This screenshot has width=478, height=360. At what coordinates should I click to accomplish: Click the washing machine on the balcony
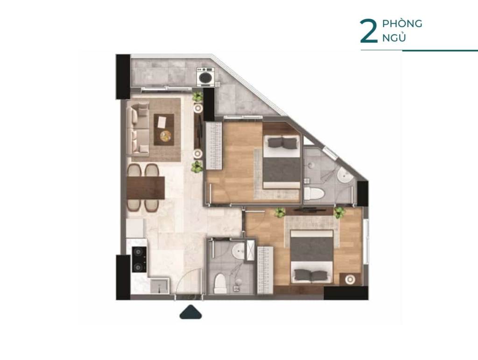[x=206, y=77]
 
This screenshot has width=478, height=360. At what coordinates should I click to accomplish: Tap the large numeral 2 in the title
[x=369, y=32]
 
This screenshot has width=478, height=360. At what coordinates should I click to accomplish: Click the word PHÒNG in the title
[x=402, y=23]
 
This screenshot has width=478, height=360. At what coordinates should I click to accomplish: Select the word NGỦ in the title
[x=394, y=37]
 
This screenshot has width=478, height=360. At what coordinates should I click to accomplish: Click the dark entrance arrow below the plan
[x=190, y=312]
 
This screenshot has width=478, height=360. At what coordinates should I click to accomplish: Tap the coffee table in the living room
[x=164, y=129]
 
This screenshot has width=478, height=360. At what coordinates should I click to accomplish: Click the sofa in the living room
[x=138, y=127]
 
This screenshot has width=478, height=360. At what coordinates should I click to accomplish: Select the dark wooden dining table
[x=146, y=188]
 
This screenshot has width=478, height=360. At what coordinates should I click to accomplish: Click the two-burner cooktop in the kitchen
[x=139, y=259]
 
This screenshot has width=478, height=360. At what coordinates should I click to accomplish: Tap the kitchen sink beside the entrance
[x=160, y=286]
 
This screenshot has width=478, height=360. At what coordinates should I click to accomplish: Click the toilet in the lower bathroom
[x=220, y=283]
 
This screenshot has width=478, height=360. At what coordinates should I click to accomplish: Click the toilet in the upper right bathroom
[x=315, y=194]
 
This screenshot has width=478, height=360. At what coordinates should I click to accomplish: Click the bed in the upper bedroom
[x=281, y=162]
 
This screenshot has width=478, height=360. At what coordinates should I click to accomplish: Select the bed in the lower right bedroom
[x=311, y=256]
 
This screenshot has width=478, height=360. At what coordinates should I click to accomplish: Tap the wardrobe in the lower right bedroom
[x=265, y=270]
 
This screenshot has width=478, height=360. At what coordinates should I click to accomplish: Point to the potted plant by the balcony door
[x=197, y=97]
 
